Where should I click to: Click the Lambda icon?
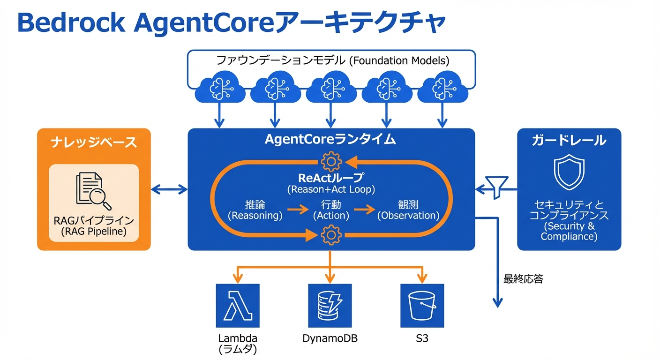pos(237,305)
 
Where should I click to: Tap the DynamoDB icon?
pos(330,305)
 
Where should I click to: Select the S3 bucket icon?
pos(422,305)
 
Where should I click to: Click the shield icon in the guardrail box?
pos(569,173)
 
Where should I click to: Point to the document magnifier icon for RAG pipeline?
pos(94,191)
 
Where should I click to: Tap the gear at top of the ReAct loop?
pos(331,162)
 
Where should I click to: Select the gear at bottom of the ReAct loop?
pos(331,234)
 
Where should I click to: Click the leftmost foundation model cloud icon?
pos(219,88)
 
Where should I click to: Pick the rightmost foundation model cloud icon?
pos(442,88)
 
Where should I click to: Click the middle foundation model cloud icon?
pos(331,88)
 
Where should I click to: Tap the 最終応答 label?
pos(523,279)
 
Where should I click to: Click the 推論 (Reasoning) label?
pos(255,210)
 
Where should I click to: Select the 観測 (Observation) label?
pos(408,210)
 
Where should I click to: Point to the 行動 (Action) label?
pos(331,210)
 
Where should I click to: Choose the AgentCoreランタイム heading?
pos(330,140)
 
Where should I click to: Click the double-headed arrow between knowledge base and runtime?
pos(169,189)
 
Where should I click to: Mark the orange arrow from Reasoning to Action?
pos(298,209)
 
